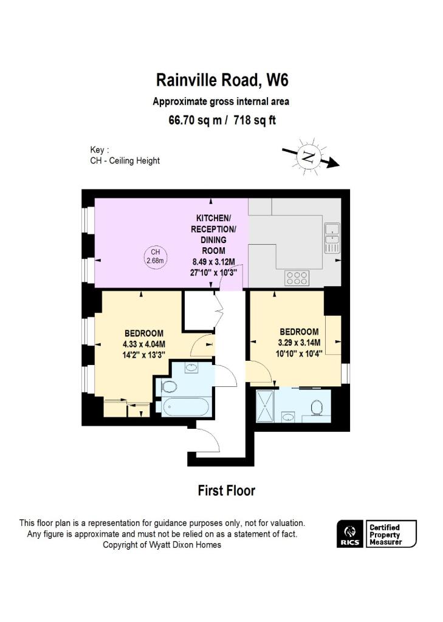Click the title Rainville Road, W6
pos(221,80)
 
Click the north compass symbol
pos(309,158)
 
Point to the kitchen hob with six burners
pos(296,278)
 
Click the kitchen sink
pos(332,238)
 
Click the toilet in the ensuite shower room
pos(317,408)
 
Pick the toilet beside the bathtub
pos(168,386)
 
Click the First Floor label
pos(226,490)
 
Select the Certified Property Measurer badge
pos(391,534)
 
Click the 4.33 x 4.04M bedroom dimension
pos(143,343)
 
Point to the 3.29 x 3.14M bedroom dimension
pos(300,342)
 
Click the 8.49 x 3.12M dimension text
pos(213,262)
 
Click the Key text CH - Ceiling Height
pos(125,160)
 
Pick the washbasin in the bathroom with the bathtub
pos(191,367)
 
